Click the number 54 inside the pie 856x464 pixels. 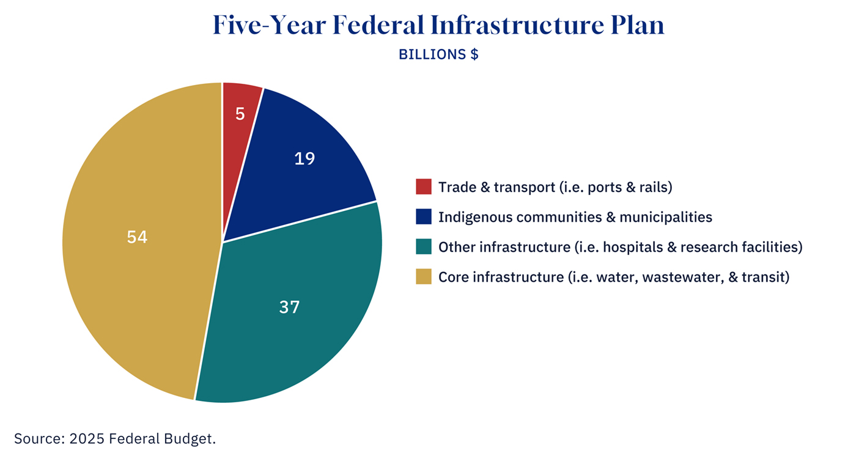click(137, 237)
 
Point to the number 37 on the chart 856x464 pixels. click(289, 307)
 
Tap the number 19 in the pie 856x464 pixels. click(304, 159)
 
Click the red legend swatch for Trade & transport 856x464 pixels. click(424, 186)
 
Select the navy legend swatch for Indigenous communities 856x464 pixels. click(424, 216)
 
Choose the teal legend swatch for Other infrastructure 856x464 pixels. click(424, 247)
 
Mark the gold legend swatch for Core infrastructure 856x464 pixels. click(424, 277)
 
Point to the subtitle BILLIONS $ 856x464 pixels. click(438, 54)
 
